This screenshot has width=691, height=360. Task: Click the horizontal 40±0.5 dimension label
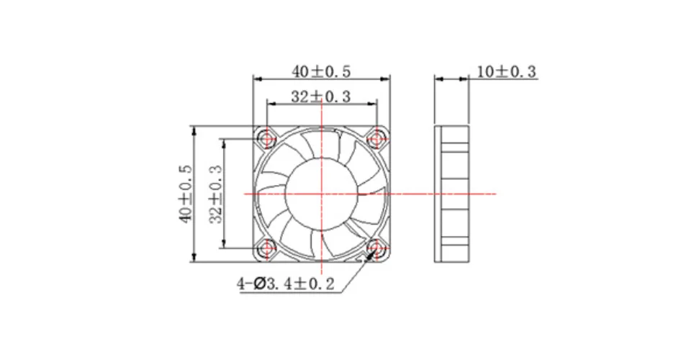tap(321, 71)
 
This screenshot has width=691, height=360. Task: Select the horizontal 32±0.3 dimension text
tap(321, 96)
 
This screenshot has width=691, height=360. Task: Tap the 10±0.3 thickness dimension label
tap(507, 71)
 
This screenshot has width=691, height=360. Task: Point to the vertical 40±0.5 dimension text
tap(186, 194)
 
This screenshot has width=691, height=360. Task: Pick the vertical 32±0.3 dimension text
tap(216, 194)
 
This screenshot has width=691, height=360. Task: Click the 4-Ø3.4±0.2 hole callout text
tap(286, 284)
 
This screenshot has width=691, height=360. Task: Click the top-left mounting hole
tap(267, 139)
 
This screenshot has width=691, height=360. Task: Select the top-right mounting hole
tap(376, 139)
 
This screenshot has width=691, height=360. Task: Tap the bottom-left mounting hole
tap(267, 248)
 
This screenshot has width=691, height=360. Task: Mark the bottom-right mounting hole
tap(376, 248)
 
